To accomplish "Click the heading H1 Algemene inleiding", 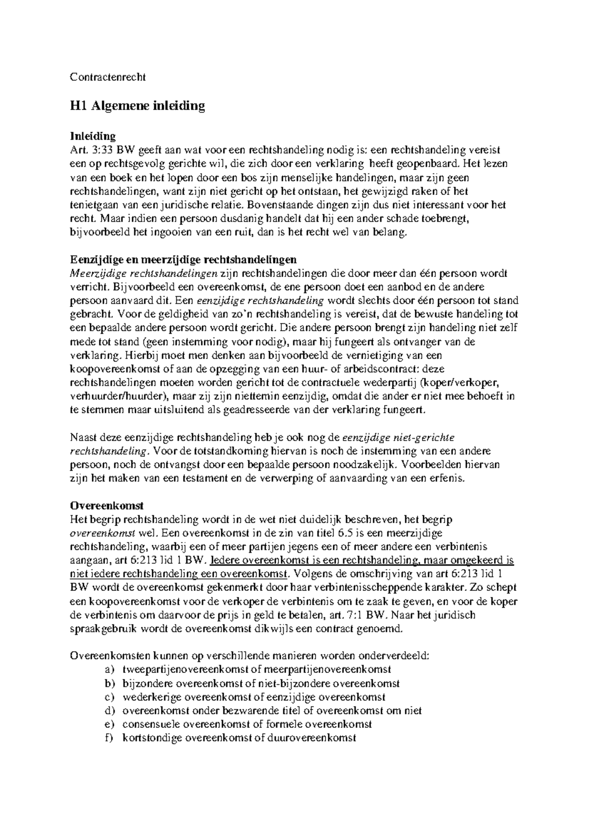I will click(x=137, y=106).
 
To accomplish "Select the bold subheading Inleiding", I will click(x=93, y=136).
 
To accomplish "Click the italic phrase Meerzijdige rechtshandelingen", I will click(x=144, y=273).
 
